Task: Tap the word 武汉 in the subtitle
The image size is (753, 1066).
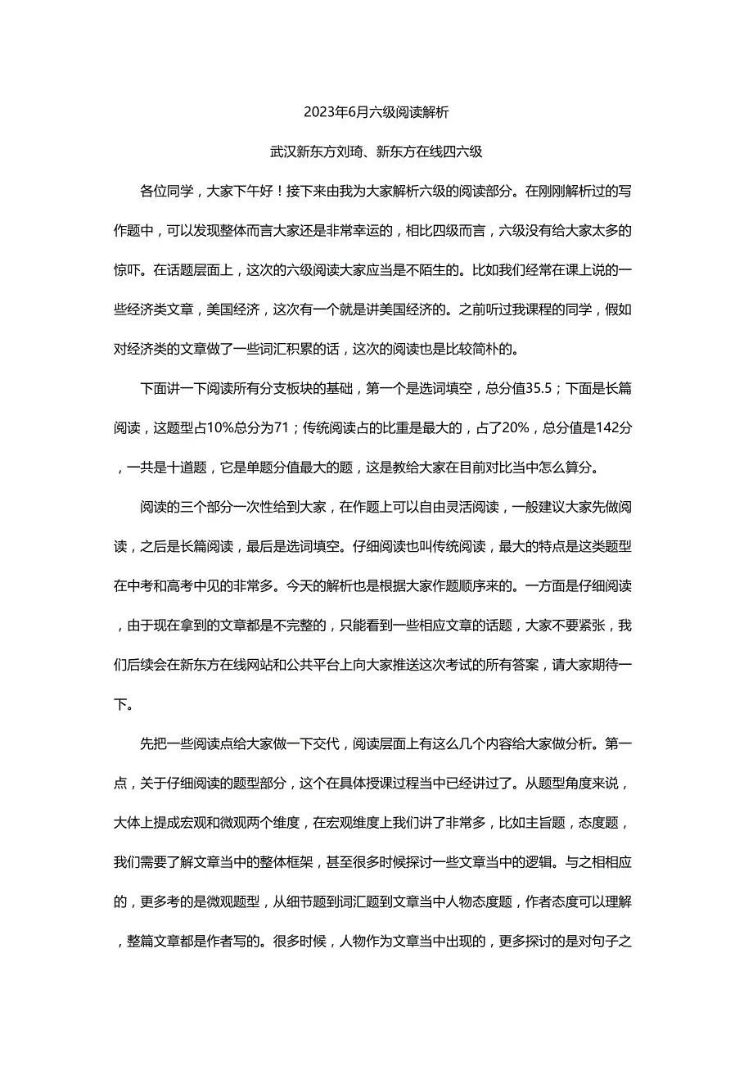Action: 283,151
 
